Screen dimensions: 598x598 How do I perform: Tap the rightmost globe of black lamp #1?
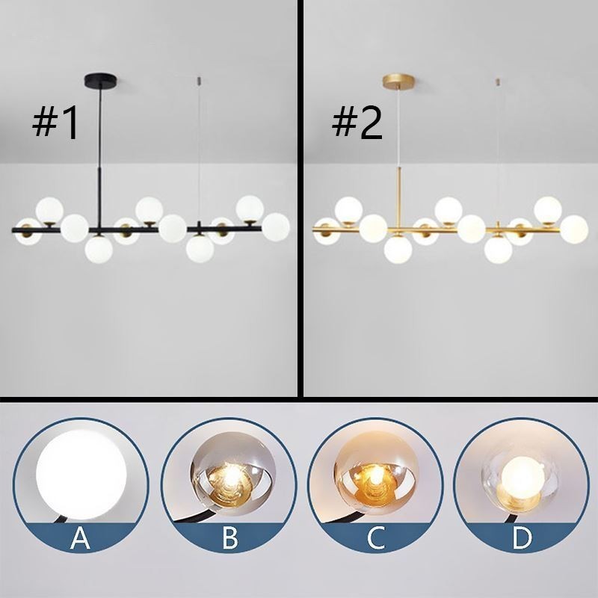(x=275, y=226)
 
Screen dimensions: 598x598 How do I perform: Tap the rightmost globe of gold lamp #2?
(x=574, y=227)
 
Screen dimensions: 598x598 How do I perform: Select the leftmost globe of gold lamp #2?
(x=326, y=232)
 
